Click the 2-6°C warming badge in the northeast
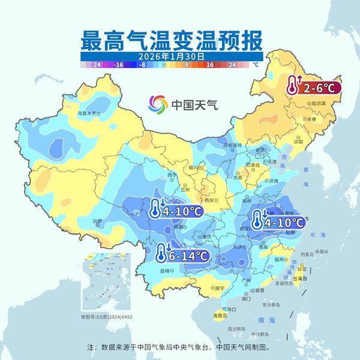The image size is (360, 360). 313,88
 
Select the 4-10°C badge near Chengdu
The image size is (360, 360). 175,211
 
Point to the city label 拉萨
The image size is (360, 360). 97,222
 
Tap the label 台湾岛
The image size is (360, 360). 301,279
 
